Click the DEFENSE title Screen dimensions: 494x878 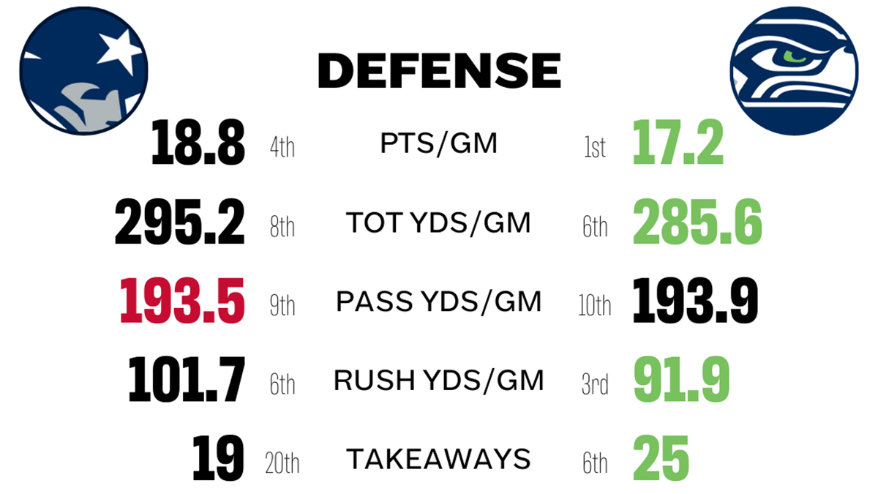point(439,71)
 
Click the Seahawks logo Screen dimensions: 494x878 point(794,71)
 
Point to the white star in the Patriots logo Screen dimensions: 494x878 point(119,50)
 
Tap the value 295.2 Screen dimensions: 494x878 point(179,224)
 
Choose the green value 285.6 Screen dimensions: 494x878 point(697,224)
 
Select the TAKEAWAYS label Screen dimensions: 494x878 point(439,460)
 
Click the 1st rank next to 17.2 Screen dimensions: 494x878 point(595,149)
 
